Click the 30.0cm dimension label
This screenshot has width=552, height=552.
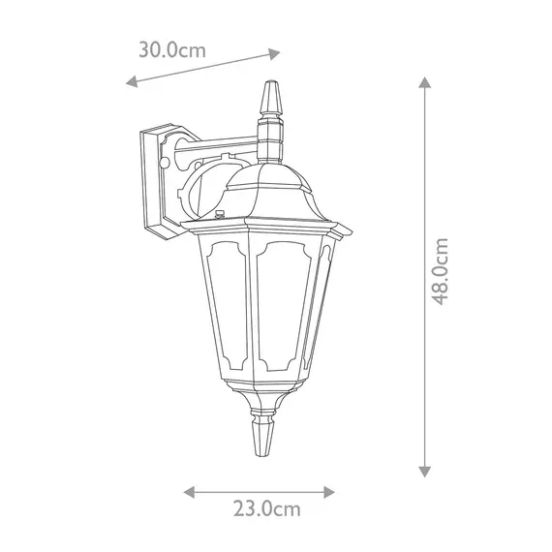[x=171, y=50]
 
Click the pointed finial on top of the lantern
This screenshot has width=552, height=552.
[x=271, y=98]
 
